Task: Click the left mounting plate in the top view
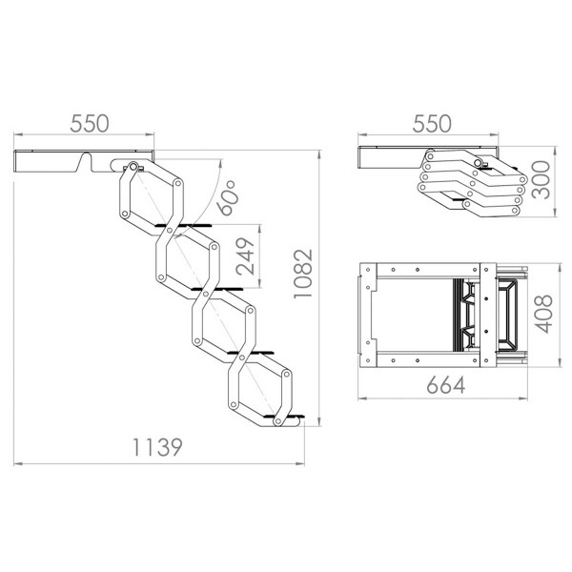[x=370, y=315]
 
